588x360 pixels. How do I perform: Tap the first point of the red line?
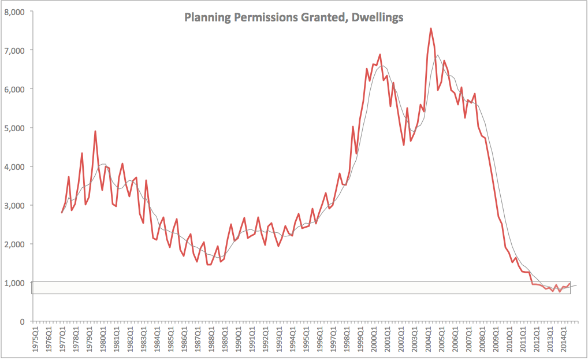tap(62, 213)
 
